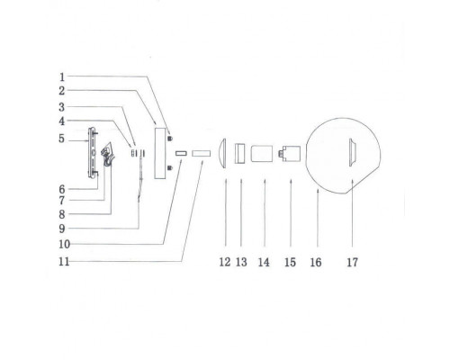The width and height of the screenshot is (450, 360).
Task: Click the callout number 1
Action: point(62,77)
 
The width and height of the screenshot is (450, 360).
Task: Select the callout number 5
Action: point(61,139)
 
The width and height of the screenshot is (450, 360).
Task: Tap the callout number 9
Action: point(62,229)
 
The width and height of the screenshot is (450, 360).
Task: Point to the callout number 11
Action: point(64,262)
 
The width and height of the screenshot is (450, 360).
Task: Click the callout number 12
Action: point(225,262)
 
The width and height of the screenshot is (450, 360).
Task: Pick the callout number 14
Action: point(264,263)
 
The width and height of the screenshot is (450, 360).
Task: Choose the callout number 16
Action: point(316,263)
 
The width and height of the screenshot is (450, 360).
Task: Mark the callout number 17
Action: point(353,263)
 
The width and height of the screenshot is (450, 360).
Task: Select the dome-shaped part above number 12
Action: point(222,154)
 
